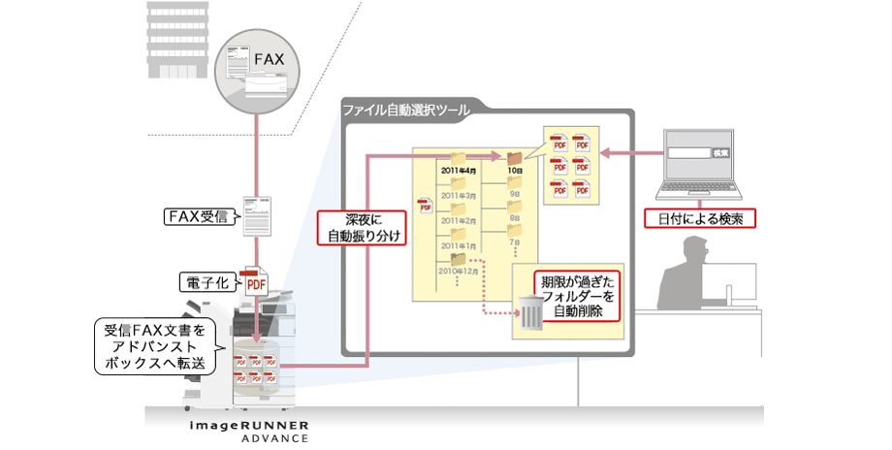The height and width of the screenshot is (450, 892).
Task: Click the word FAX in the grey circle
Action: [269, 60]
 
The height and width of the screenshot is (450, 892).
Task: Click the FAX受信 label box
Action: [197, 216]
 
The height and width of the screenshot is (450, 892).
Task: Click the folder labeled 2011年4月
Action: [457, 160]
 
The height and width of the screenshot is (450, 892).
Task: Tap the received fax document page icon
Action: [257, 214]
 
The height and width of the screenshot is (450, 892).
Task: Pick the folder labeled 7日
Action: [515, 234]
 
